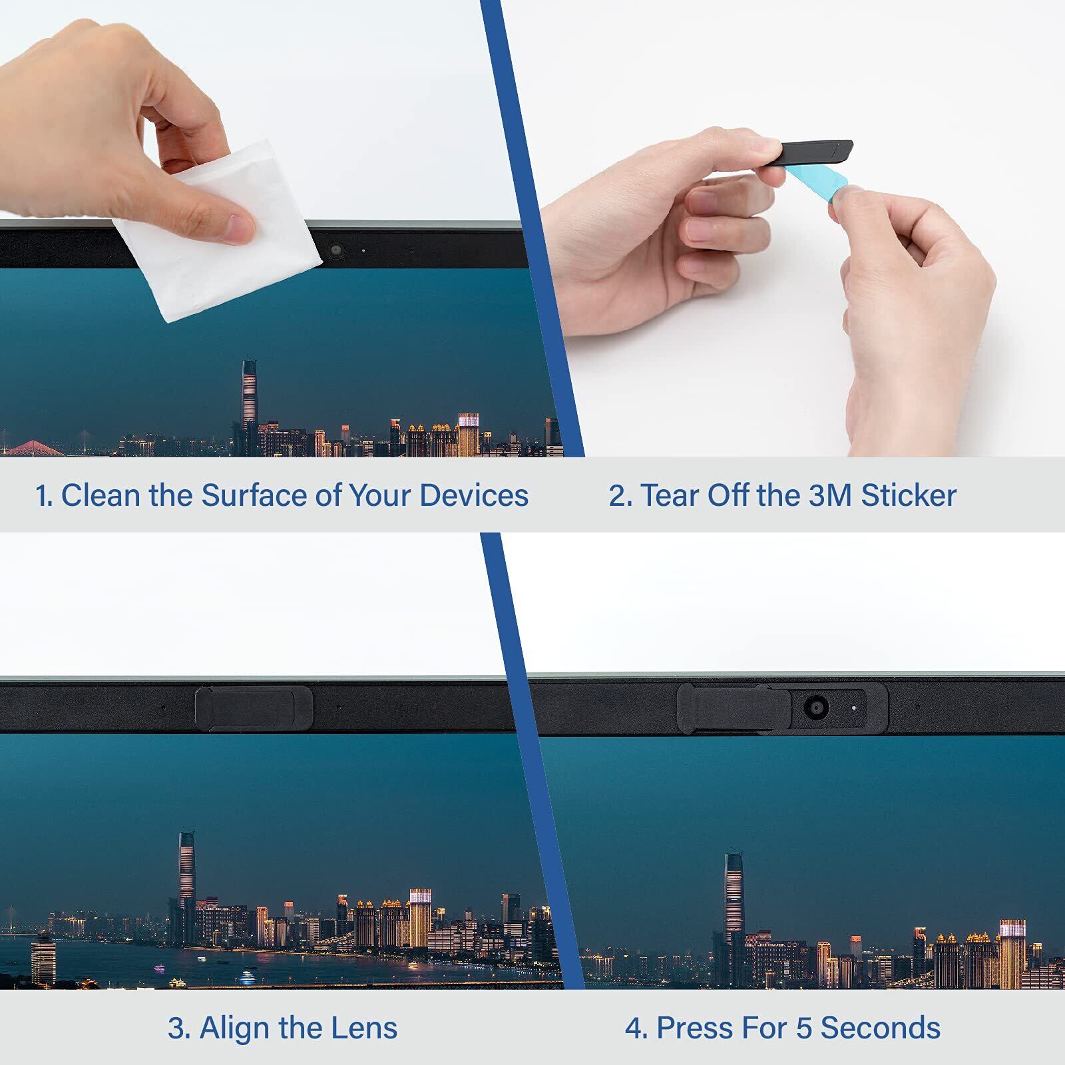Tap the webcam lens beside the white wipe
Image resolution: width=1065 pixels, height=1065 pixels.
click(x=335, y=250)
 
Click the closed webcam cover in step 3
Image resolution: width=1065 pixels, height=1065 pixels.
click(x=254, y=708)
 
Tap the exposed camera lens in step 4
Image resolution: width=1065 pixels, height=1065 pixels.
click(x=816, y=707)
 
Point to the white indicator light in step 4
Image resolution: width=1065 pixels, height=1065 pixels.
click(x=854, y=708)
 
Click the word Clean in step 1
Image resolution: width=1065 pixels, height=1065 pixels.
click(x=102, y=495)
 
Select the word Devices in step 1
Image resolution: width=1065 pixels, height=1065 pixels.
click(x=474, y=495)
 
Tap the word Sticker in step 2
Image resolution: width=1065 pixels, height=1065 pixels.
click(x=909, y=495)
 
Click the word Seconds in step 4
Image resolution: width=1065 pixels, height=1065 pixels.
click(x=880, y=1028)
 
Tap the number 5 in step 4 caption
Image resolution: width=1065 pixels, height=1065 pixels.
click(x=804, y=1028)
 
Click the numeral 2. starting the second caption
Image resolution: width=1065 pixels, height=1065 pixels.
click(x=620, y=495)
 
